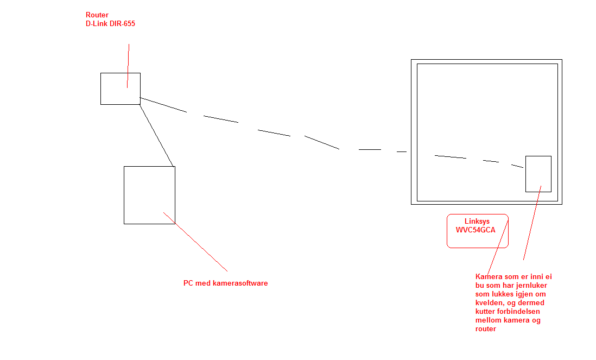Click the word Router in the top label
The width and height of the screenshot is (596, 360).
coord(97,15)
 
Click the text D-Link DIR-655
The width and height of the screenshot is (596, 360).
coord(110,23)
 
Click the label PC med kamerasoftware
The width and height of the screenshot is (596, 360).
coord(225,283)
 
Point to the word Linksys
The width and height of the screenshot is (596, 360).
coord(477,221)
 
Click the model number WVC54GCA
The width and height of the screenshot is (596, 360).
coord(475,230)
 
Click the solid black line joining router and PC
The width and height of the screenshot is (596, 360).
coord(157,136)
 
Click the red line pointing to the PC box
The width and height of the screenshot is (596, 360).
coord(195,242)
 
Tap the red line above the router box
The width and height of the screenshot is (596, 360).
coord(128,66)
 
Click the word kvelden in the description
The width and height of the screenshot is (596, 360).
coord(488,302)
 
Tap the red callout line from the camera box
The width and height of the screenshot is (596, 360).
coord(532,223)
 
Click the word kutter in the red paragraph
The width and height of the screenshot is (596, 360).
coord(485,311)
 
